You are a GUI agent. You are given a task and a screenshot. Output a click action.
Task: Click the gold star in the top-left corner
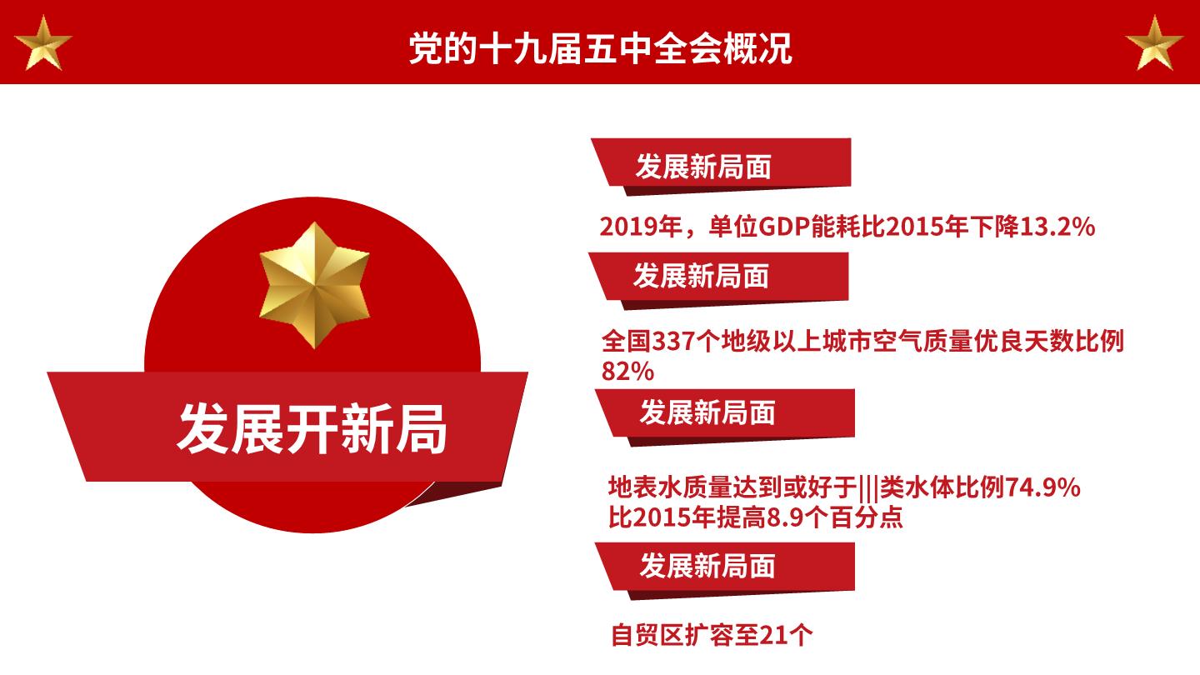[x=42, y=44]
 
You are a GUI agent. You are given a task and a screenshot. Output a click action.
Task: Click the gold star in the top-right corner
[x=1154, y=44]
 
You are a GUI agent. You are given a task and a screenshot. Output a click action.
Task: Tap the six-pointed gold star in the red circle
[x=314, y=286]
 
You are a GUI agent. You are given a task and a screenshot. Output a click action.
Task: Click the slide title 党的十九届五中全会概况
[x=600, y=48]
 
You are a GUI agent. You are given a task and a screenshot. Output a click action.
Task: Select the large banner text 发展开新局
[x=312, y=429]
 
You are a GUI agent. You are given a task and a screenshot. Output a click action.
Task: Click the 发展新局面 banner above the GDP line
[x=721, y=167]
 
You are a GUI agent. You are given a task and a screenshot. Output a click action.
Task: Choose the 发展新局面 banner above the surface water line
[x=725, y=417]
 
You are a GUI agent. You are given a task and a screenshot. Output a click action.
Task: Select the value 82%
[x=627, y=372]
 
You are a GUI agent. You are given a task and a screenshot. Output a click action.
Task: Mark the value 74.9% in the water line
[x=1042, y=487]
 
